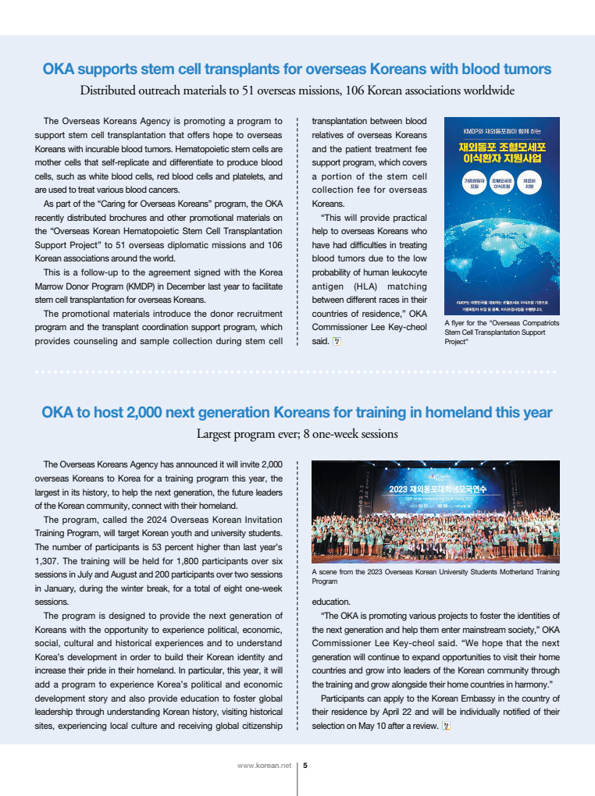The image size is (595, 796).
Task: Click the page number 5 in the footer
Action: [x=305, y=766]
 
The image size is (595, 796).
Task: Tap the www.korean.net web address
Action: [x=264, y=766]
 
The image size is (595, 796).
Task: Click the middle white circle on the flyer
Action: [x=501, y=185]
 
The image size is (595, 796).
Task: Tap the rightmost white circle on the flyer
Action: [x=529, y=185]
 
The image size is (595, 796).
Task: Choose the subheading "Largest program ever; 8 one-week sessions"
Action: [x=297, y=433]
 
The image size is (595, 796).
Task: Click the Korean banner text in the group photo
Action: [x=435, y=489]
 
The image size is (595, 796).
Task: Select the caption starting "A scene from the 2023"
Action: [x=435, y=577]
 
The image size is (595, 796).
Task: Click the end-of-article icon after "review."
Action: [x=447, y=727]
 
